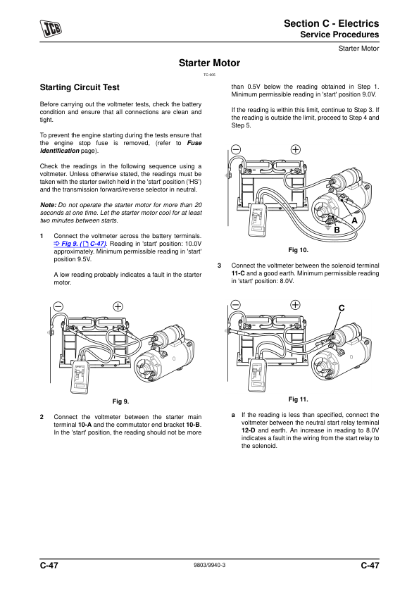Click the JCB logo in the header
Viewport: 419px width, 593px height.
51,29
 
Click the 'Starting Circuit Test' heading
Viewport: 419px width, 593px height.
80,87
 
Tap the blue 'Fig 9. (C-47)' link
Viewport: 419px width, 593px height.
80,244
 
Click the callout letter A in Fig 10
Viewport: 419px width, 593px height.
354,220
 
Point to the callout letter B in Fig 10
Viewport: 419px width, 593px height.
337,230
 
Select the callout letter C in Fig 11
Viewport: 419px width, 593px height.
342,308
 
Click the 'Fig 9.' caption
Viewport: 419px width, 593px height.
120,401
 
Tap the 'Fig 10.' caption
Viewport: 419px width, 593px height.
299,250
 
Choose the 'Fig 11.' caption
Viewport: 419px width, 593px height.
299,399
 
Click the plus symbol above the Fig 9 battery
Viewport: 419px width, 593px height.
118,306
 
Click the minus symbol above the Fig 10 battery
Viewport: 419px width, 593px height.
236,150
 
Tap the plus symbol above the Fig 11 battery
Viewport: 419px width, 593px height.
295,305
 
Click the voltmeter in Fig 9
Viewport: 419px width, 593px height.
80,377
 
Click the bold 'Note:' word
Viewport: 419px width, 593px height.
48,205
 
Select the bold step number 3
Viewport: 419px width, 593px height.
219,266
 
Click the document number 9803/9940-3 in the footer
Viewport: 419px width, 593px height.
210,565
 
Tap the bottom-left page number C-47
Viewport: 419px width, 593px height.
49,566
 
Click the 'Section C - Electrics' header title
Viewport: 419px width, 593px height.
331,23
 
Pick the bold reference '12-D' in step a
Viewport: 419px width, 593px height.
248,430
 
